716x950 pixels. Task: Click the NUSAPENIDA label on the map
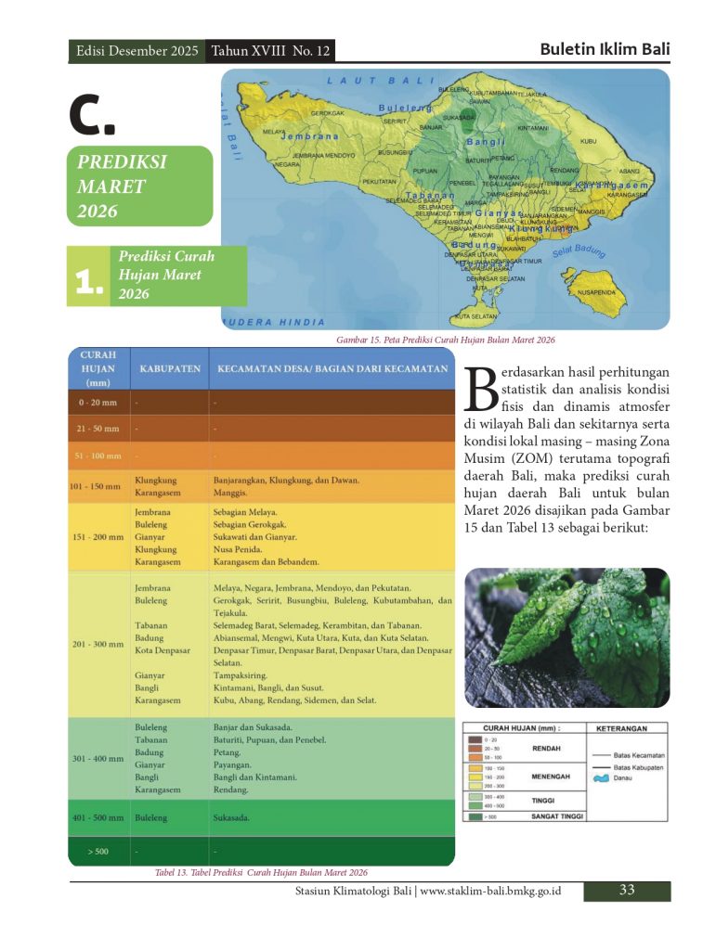click(596, 292)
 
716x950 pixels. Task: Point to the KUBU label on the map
click(588, 141)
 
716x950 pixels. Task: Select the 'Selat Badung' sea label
click(579, 251)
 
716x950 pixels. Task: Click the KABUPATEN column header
click(170, 369)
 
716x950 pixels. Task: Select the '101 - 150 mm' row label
click(97, 486)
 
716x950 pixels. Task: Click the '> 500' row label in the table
click(97, 851)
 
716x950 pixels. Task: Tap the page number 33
click(627, 891)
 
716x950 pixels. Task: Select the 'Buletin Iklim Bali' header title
click(605, 49)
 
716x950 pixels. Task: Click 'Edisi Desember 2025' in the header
click(137, 51)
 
